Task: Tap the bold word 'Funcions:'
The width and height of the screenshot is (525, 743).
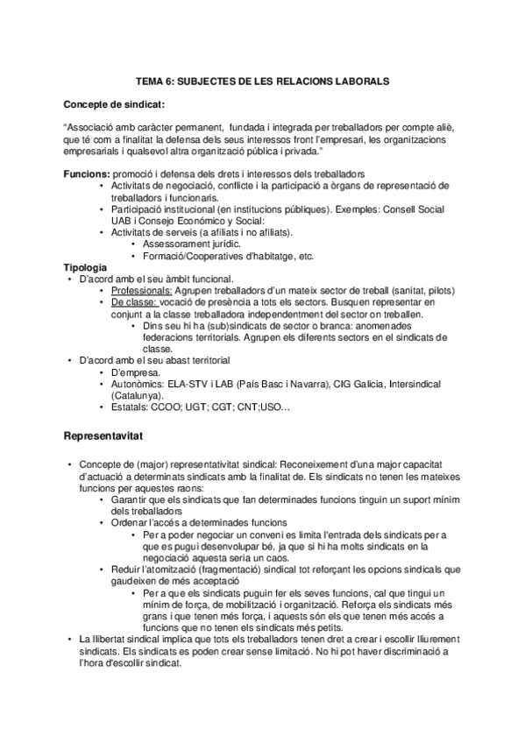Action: (x=87, y=174)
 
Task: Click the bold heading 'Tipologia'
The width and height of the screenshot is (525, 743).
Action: (x=86, y=265)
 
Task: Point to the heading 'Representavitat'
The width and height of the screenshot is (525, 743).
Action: (x=110, y=434)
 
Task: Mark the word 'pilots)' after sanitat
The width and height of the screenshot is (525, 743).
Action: (x=450, y=289)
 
